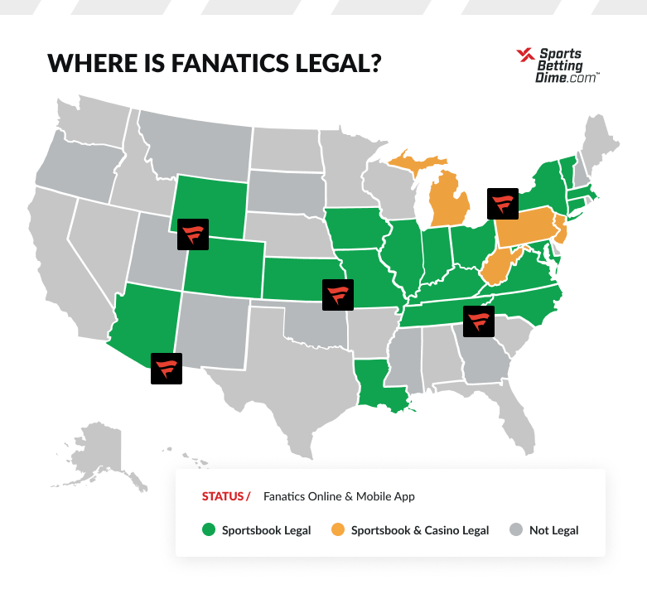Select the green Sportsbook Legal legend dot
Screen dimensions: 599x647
pos(208,530)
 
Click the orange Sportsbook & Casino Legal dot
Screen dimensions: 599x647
pos(337,530)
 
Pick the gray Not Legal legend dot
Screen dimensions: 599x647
pos(516,530)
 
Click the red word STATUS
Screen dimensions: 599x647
pos(222,497)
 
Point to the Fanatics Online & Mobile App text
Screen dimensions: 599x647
pos(339,497)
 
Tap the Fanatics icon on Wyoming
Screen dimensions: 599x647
pos(194,234)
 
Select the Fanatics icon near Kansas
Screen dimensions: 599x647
pos(338,294)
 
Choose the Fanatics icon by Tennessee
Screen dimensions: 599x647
pos(478,321)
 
